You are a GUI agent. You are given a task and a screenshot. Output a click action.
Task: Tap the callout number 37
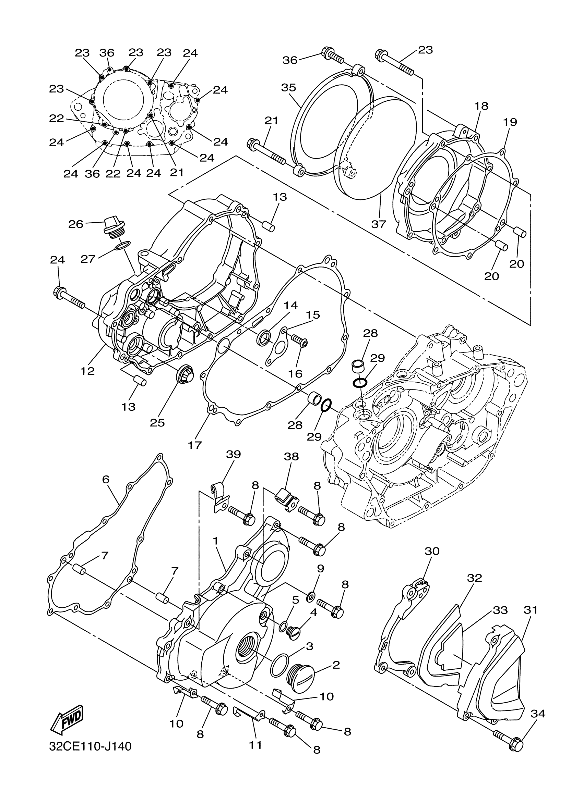tap(378, 224)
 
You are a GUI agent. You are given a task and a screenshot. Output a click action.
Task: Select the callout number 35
tap(288, 88)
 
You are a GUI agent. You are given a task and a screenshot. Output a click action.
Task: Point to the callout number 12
tap(88, 371)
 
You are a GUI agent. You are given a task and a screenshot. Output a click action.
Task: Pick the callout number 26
tap(75, 224)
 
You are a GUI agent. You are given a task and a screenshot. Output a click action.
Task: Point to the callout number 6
tap(105, 479)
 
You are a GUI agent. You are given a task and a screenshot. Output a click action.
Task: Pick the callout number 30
tap(432, 551)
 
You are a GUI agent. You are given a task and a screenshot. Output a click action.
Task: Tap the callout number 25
tap(157, 423)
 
